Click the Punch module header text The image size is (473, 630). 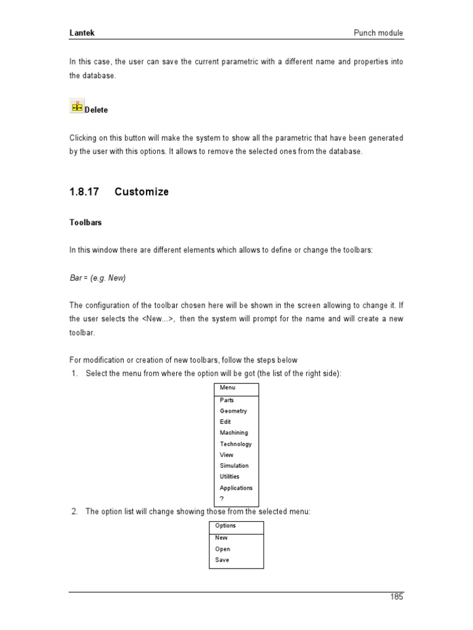click(x=379, y=33)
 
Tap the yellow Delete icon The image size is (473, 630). click(x=77, y=106)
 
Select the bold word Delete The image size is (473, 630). click(x=96, y=110)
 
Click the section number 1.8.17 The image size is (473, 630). click(x=84, y=192)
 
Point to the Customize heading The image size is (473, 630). click(x=142, y=192)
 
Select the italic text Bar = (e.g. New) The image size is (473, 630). click(x=97, y=278)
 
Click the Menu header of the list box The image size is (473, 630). click(x=227, y=388)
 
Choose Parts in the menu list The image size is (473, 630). click(x=227, y=401)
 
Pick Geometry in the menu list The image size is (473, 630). click(x=233, y=411)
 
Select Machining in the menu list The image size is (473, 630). click(x=234, y=433)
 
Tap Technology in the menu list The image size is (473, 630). click(x=235, y=444)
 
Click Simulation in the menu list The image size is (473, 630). click(x=234, y=466)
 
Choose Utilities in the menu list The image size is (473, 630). click(x=229, y=477)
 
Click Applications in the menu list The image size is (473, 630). click(x=236, y=488)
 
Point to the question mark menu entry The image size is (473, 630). click(x=222, y=498)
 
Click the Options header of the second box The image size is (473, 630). click(x=225, y=526)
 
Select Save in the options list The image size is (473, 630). click(x=222, y=560)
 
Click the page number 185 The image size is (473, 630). click(x=397, y=597)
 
